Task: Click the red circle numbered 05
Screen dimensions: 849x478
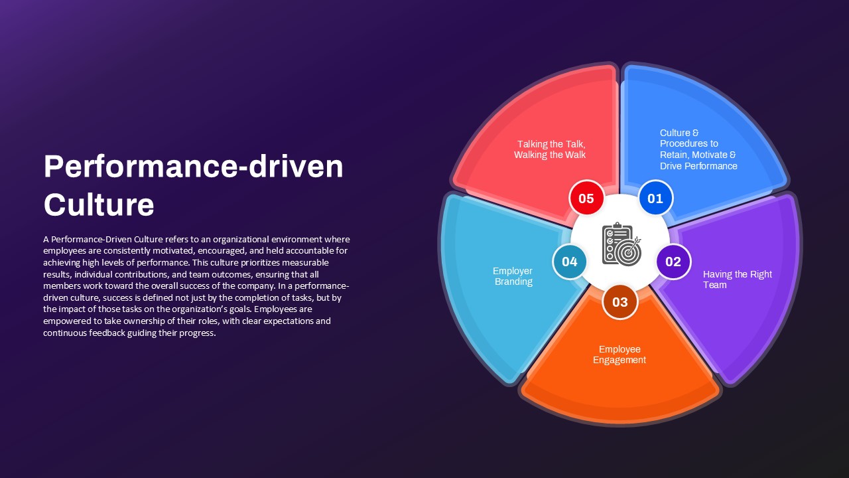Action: [x=586, y=198]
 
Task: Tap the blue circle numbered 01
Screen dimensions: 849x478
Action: [x=655, y=198]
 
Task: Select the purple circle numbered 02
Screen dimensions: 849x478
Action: [x=673, y=262]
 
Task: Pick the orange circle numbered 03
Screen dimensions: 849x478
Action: [x=620, y=302]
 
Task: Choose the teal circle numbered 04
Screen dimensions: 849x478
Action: [x=569, y=262]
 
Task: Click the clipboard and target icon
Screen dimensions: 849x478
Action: [x=621, y=244]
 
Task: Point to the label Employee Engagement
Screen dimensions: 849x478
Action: [x=620, y=355]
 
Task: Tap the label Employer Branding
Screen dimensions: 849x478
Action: [x=513, y=276]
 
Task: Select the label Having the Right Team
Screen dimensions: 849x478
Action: [x=737, y=279]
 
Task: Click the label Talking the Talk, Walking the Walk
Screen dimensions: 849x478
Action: [x=550, y=149]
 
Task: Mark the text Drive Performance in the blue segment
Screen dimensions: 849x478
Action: [x=698, y=166]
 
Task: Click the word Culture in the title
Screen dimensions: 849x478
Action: [x=99, y=204]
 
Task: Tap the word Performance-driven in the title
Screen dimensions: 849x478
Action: [x=194, y=167]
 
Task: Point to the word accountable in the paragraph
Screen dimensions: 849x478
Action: [x=309, y=251]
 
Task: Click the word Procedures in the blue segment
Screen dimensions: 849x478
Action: [x=689, y=144]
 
